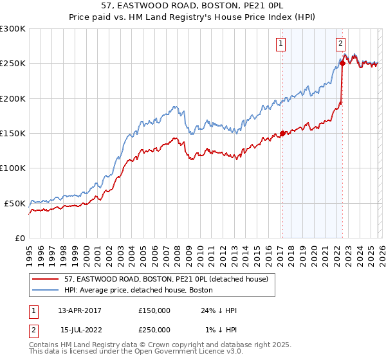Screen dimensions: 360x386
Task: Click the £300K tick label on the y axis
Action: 13,29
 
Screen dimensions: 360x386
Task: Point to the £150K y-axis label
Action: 13,134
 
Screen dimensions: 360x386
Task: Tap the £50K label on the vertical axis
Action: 15,203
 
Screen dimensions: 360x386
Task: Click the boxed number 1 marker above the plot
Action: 282,44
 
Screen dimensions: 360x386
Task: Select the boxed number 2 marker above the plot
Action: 340,44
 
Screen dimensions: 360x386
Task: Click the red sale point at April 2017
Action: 282,134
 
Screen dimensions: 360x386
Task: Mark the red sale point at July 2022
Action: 342,64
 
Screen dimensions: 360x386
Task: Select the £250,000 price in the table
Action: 154,330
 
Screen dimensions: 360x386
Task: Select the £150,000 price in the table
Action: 154,310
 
